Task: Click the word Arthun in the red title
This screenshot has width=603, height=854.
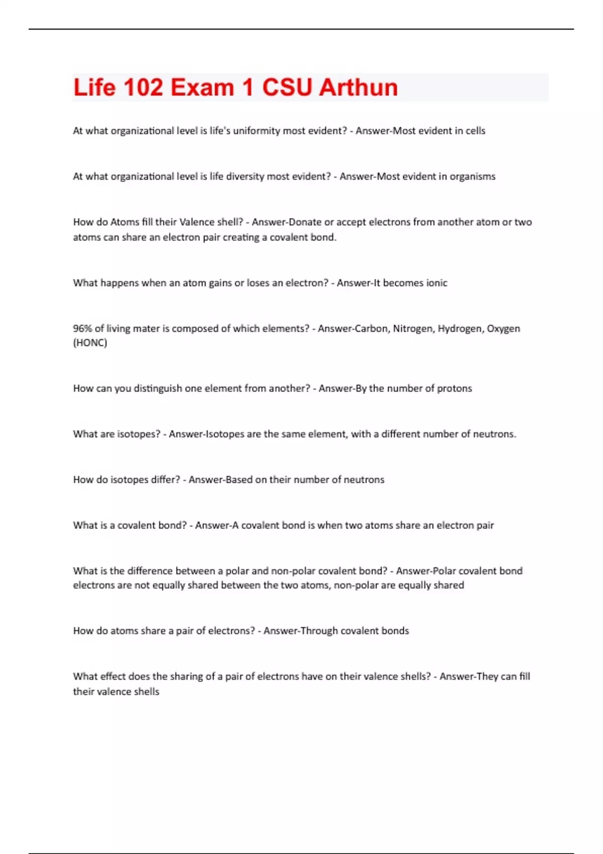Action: point(358,87)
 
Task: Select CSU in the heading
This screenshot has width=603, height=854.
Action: point(287,87)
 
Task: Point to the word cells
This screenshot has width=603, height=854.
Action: point(475,131)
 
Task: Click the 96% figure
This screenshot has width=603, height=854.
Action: point(82,329)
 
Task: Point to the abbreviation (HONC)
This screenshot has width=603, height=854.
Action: point(90,343)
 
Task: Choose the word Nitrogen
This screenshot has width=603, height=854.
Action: point(412,329)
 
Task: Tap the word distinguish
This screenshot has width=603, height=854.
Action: point(157,388)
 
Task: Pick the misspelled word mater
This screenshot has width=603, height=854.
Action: point(146,329)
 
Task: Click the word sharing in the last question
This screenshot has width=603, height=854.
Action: point(175,677)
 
